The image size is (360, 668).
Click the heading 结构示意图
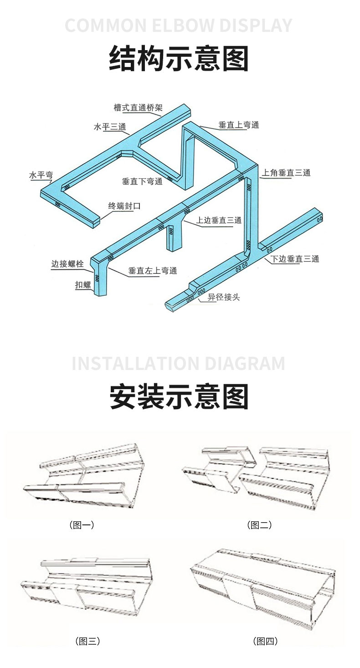pyautogui.click(x=179, y=59)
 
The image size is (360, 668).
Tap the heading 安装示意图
pyautogui.click(x=179, y=396)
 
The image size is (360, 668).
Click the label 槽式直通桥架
pyautogui.click(x=138, y=108)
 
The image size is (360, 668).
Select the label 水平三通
pyautogui.click(x=110, y=127)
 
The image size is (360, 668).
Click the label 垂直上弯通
pyautogui.click(x=239, y=125)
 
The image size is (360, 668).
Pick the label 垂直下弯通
pyautogui.click(x=142, y=181)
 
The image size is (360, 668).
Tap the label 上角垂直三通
pyautogui.click(x=286, y=173)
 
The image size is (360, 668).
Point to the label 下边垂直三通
pyautogui.click(x=295, y=259)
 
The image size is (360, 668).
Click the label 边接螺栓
pyautogui.click(x=67, y=264)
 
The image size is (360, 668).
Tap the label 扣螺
pyautogui.click(x=83, y=286)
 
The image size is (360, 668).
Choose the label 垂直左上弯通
pyautogui.click(x=153, y=271)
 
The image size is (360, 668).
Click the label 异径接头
pyautogui.click(x=224, y=298)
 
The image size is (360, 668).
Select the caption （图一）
pyautogui.click(x=82, y=525)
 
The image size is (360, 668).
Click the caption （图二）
pyautogui.click(x=260, y=525)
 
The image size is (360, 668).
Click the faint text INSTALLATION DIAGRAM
pyautogui.click(x=179, y=364)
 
